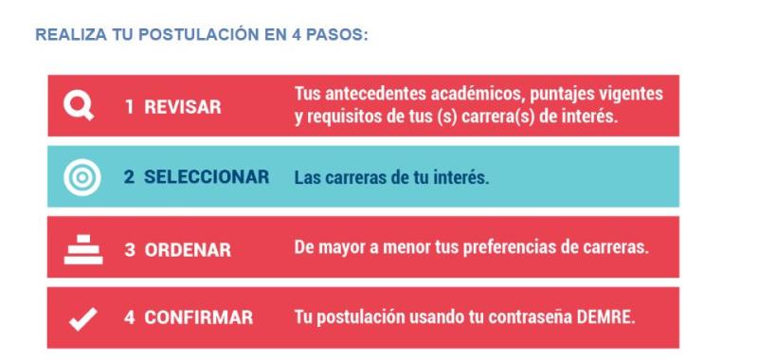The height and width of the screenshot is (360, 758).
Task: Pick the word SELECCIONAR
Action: coord(207,177)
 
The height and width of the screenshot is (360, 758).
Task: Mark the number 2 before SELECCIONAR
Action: coord(127,177)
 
